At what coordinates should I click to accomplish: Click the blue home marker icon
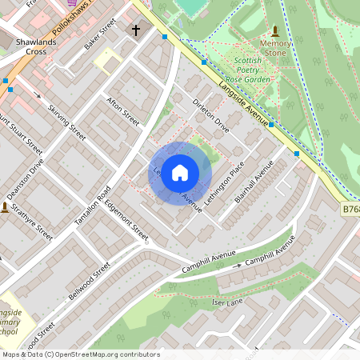tap(180, 172)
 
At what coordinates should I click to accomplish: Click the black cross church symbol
tap(135, 31)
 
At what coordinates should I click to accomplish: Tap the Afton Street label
tap(122, 110)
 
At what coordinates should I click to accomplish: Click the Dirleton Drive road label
tap(211, 116)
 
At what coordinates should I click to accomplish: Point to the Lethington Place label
tap(224, 183)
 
